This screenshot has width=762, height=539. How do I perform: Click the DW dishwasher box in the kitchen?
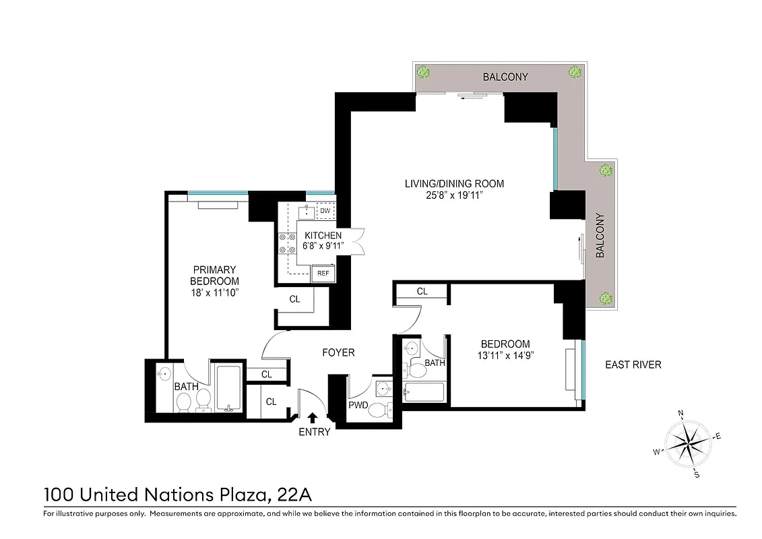tap(325, 212)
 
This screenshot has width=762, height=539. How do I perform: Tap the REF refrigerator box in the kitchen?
tap(323, 273)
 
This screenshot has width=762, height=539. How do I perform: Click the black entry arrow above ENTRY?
tap(312, 418)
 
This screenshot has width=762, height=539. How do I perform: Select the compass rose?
tap(688, 443)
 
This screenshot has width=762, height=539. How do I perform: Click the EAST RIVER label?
tap(633, 365)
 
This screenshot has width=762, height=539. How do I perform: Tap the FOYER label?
tap(338, 352)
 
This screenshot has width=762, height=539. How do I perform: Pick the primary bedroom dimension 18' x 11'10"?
tap(214, 292)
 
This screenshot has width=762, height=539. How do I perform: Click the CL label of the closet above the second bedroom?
tap(422, 292)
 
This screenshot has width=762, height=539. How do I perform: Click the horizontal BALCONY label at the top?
tap(505, 77)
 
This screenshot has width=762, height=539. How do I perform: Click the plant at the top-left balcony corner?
tap(424, 71)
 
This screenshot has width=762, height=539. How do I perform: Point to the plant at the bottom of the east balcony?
tap(606, 298)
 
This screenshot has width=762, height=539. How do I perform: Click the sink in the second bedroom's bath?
tap(412, 348)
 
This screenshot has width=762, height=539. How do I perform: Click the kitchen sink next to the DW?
tap(307, 212)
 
